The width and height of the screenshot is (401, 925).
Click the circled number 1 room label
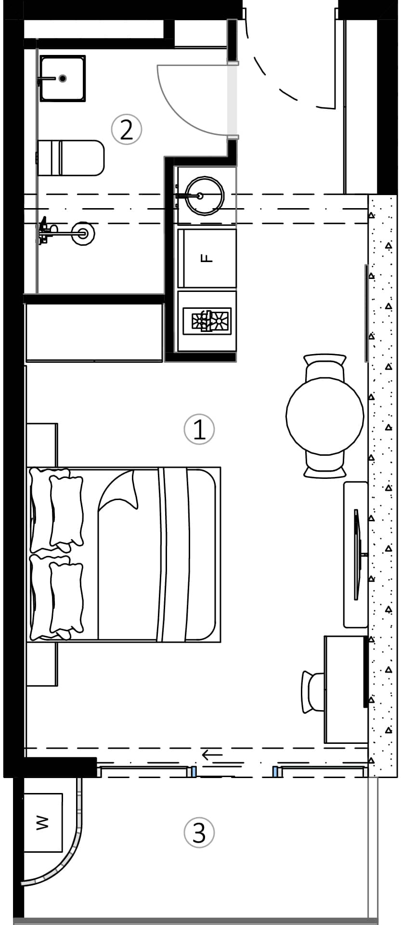click(199, 429)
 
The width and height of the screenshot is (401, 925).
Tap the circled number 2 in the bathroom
click(127, 130)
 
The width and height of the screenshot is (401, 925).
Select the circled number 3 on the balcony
click(199, 832)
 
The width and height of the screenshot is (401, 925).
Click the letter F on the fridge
click(207, 258)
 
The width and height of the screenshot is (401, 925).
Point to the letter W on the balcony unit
click(43, 822)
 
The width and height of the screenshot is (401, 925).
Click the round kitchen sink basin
click(205, 196)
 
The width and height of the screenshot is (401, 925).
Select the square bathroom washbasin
click(63, 79)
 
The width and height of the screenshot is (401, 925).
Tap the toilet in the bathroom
click(71, 158)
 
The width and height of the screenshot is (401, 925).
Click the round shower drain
click(83, 234)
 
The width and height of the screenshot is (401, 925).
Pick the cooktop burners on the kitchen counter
click(207, 321)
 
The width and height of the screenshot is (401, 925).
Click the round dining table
click(325, 416)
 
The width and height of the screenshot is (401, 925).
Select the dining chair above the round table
click(325, 366)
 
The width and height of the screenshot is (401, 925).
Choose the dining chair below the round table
click(325, 466)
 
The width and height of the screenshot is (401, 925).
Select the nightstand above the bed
click(42, 444)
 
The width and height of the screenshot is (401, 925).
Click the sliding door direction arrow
click(212, 754)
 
